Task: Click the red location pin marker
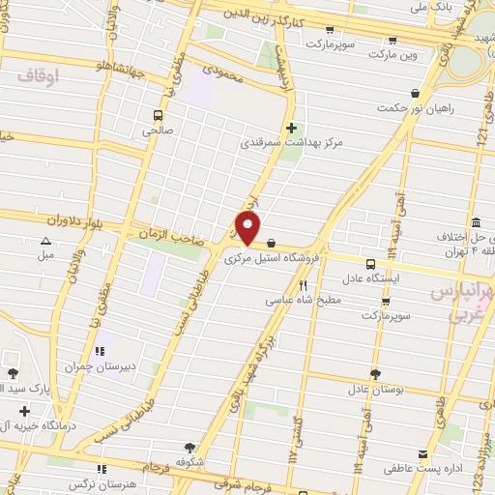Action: click(247, 229)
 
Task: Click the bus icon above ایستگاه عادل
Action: click(370, 263)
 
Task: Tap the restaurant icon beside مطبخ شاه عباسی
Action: click(303, 285)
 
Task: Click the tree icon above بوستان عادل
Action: click(374, 373)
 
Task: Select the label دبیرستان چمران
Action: click(96, 367)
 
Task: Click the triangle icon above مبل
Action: click(44, 242)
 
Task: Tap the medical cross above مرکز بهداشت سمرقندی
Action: click(292, 127)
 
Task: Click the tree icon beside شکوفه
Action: click(189, 447)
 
